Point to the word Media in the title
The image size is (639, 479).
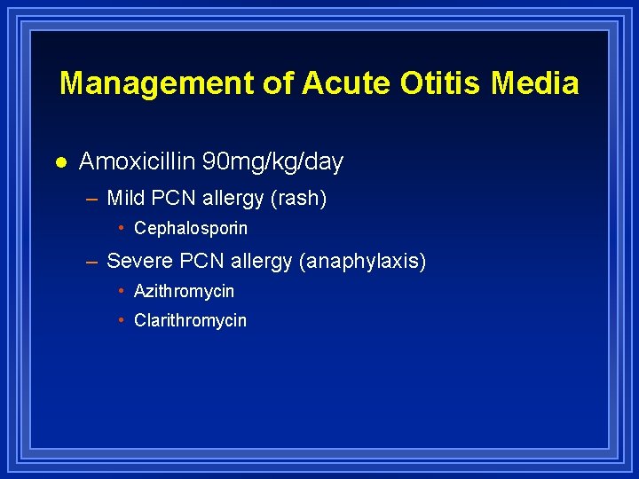535,83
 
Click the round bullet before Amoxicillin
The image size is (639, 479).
59,162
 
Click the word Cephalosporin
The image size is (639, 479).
191,228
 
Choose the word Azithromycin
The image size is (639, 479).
184,291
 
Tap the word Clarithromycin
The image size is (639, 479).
190,320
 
